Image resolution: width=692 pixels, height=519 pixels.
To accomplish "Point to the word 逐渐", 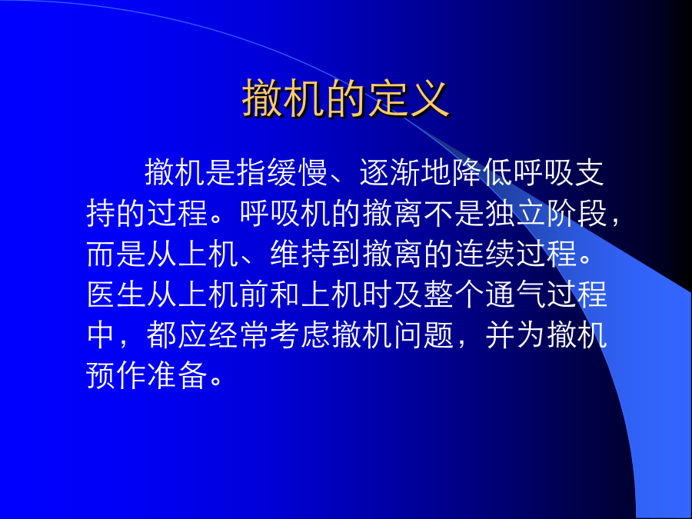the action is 390,171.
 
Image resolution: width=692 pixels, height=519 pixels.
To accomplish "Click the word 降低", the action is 482,171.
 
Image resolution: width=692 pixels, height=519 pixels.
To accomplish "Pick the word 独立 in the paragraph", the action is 515,213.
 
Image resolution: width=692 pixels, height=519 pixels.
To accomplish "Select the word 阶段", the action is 577,213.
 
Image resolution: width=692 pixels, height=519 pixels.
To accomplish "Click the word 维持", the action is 301,254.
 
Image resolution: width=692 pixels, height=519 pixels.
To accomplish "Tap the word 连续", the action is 485,254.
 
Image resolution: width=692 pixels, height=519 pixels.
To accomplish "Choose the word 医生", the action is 117,294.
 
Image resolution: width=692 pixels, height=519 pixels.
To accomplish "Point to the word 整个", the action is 454,294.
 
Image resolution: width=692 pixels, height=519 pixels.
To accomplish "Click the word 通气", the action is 515,294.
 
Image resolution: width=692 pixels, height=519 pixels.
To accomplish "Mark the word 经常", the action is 239,335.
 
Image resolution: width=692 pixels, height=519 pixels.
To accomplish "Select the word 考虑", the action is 301,335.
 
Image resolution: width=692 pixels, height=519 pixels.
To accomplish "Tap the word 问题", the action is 424,335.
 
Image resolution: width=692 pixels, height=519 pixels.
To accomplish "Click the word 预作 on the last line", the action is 117,375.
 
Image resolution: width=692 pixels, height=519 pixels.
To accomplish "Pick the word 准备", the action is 178,375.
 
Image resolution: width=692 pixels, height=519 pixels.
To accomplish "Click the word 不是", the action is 454,213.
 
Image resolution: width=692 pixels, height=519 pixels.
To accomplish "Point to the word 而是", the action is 117,254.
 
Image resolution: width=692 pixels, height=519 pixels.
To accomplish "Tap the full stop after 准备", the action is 216,382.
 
